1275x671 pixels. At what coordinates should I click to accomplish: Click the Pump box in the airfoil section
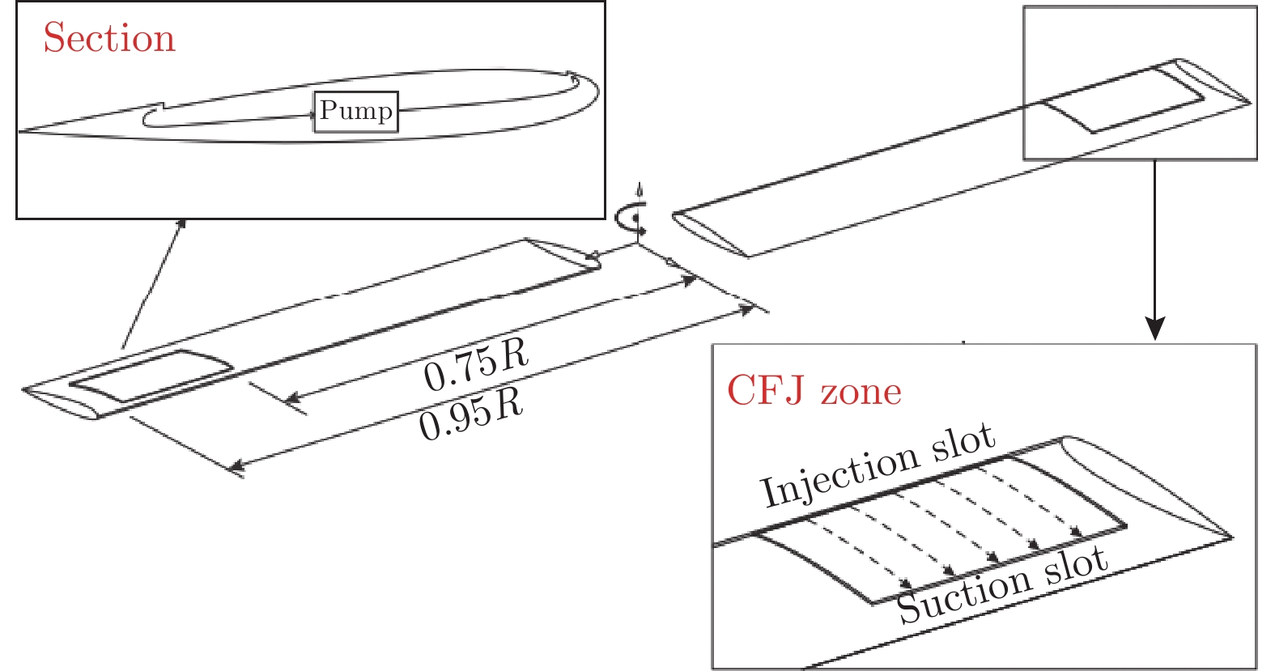click(x=356, y=112)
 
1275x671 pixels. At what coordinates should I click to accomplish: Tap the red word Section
click(x=109, y=38)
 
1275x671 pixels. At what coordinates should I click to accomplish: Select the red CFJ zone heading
click(x=814, y=391)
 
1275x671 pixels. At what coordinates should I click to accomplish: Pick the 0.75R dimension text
click(x=476, y=365)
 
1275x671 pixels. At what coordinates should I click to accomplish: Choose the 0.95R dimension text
click(x=471, y=415)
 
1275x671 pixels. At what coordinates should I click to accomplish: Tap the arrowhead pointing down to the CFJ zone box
click(x=1155, y=329)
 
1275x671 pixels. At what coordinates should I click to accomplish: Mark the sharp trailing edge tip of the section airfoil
click(x=20, y=130)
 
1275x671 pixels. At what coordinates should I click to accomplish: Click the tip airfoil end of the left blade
click(x=61, y=402)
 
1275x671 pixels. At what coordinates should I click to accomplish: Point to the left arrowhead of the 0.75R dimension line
click(x=292, y=398)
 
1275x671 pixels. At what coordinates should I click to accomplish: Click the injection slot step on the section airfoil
click(x=163, y=106)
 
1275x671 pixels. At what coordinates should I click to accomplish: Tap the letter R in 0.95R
click(x=510, y=404)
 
